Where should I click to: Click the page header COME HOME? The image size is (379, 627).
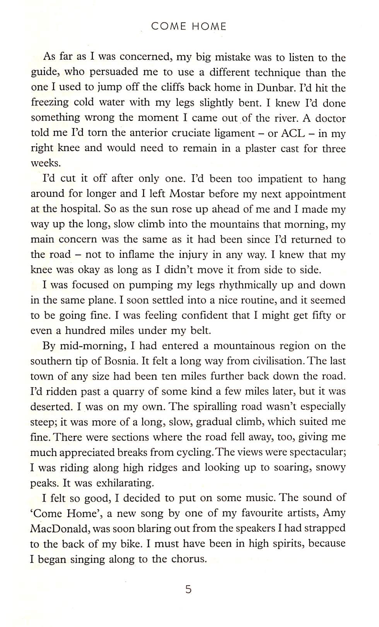pos(189,26)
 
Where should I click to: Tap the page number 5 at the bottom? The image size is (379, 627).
pos(188,589)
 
